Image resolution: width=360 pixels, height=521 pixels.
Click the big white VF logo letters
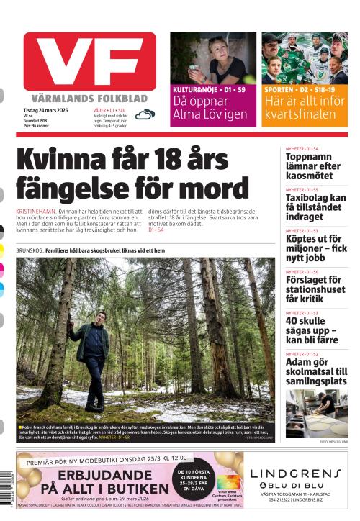click(x=89, y=63)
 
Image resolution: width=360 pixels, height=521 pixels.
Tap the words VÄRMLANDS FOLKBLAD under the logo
click(x=89, y=98)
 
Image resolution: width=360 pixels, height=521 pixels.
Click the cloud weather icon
click(x=145, y=114)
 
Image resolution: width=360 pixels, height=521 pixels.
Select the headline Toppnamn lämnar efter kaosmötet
click(x=313, y=166)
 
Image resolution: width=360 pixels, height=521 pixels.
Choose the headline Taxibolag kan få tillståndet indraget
click(x=316, y=207)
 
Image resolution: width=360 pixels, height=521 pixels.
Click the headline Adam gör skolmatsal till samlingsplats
click(x=316, y=372)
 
